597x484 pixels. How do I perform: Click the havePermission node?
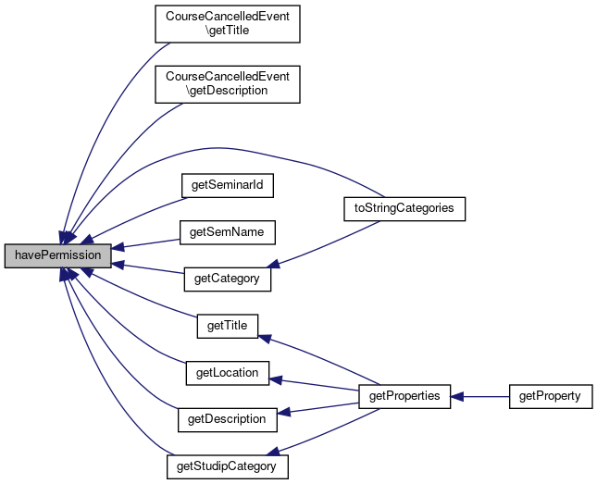[58, 256]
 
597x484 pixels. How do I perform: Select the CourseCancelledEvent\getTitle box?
[228, 24]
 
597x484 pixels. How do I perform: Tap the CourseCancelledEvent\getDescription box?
[228, 84]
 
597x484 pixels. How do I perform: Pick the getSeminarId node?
[228, 185]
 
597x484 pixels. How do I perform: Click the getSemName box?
[228, 232]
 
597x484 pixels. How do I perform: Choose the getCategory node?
[228, 279]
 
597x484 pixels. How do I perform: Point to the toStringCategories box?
[404, 208]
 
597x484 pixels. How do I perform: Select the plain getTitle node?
[228, 326]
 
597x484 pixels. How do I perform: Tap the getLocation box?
[228, 373]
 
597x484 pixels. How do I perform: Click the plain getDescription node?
[228, 420]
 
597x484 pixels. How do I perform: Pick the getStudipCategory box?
[228, 466]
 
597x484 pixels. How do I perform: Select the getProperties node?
[404, 397]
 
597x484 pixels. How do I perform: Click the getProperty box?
[551, 397]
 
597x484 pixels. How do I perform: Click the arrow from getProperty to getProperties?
[479, 397]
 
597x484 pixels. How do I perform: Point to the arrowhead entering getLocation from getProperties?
[275, 379]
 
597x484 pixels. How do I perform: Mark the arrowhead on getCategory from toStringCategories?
[273, 263]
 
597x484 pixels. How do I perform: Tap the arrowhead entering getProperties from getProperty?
[457, 397]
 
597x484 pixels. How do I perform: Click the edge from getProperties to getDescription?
[317, 408]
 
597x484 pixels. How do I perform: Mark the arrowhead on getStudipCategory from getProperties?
[273, 452]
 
